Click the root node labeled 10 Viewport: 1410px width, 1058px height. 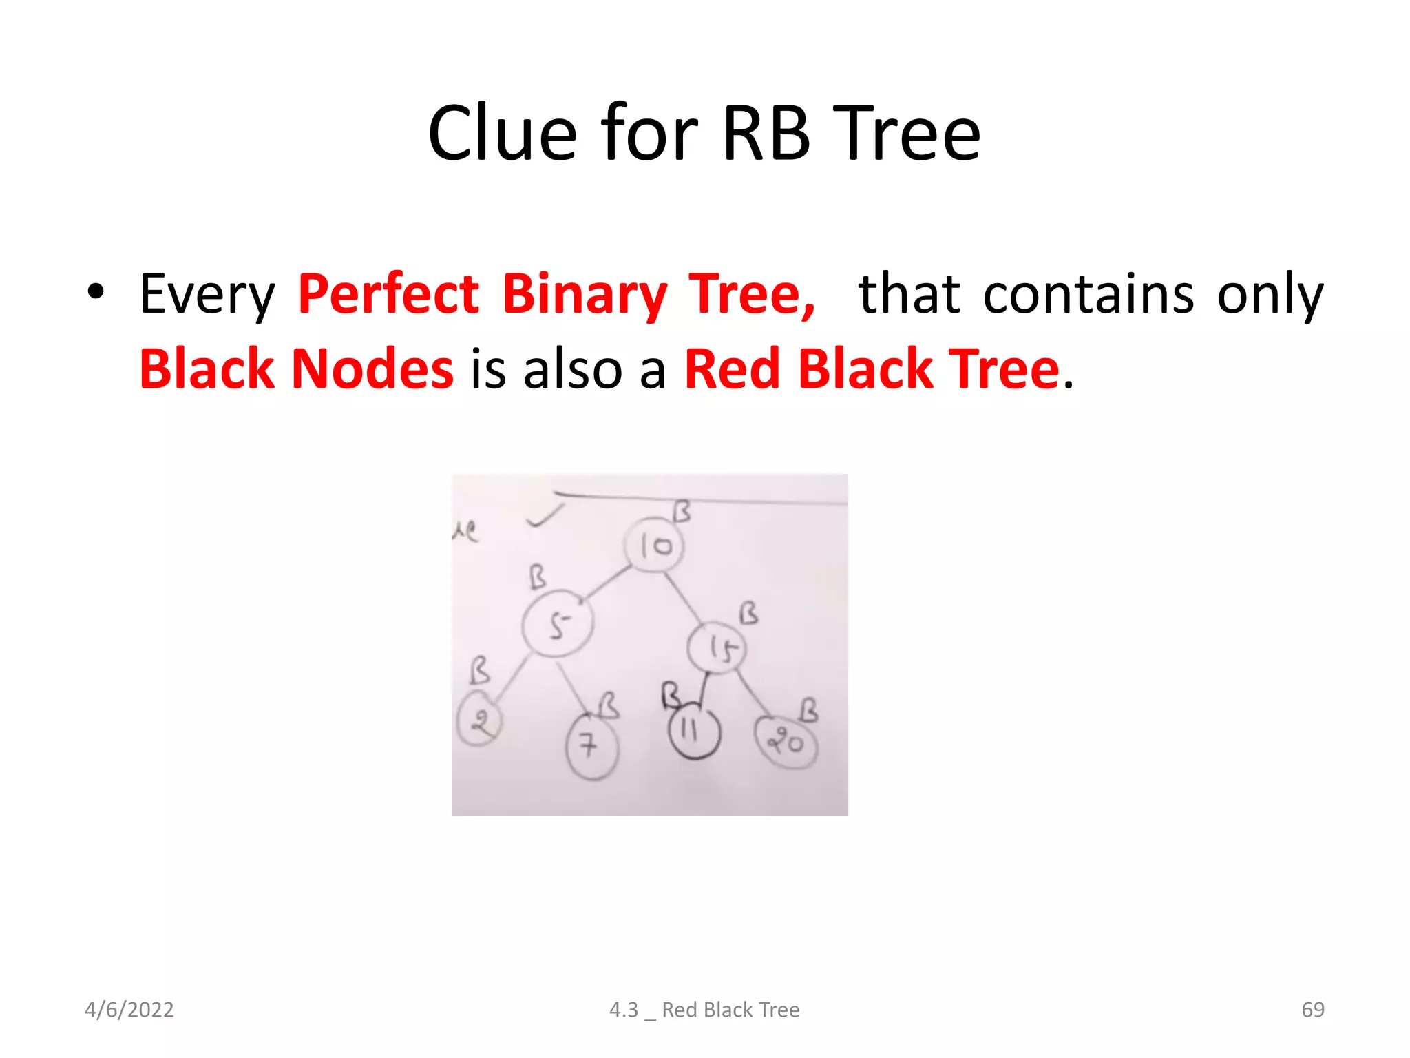coord(654,546)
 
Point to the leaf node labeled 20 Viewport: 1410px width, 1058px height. coord(786,743)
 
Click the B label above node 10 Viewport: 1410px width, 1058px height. coord(681,512)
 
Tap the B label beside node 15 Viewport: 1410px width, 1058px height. coord(748,612)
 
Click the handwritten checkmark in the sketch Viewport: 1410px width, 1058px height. coord(544,516)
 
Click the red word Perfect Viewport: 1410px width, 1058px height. coord(388,294)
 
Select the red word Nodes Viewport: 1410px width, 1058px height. coord(372,369)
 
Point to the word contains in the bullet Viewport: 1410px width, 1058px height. coord(1088,294)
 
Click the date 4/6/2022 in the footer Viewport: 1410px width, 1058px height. coord(129,1010)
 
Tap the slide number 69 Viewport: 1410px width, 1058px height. coord(1312,1010)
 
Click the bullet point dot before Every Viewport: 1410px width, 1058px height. coord(96,292)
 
